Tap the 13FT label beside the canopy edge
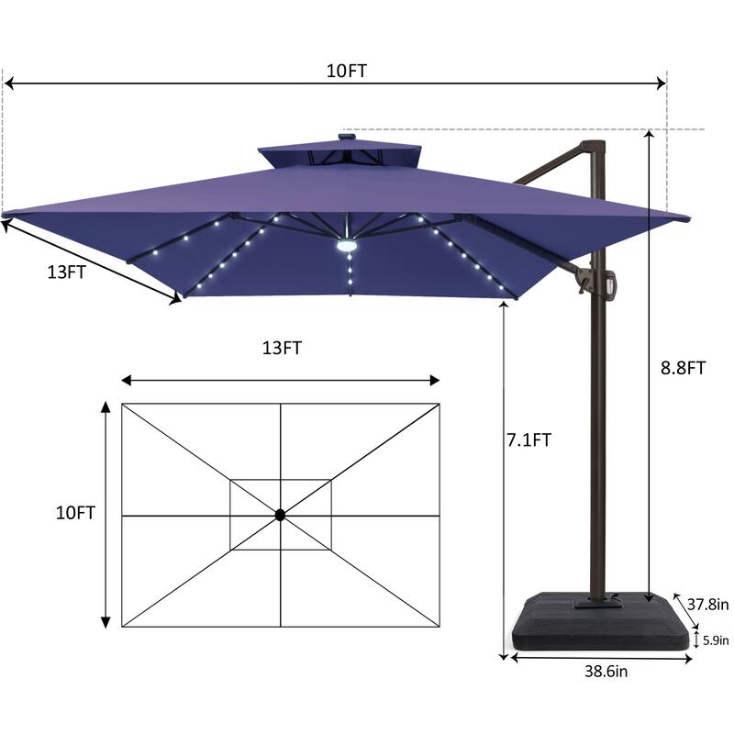coord(68,272)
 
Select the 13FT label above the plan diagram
coord(282,348)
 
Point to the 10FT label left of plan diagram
coord(74,513)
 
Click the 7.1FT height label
coord(528,439)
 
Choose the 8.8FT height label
coord(683,368)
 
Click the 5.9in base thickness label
coord(715,639)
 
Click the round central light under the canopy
coord(347,246)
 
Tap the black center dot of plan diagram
coord(281,516)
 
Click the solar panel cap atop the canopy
coord(348,139)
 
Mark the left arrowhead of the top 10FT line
coord(9,83)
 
